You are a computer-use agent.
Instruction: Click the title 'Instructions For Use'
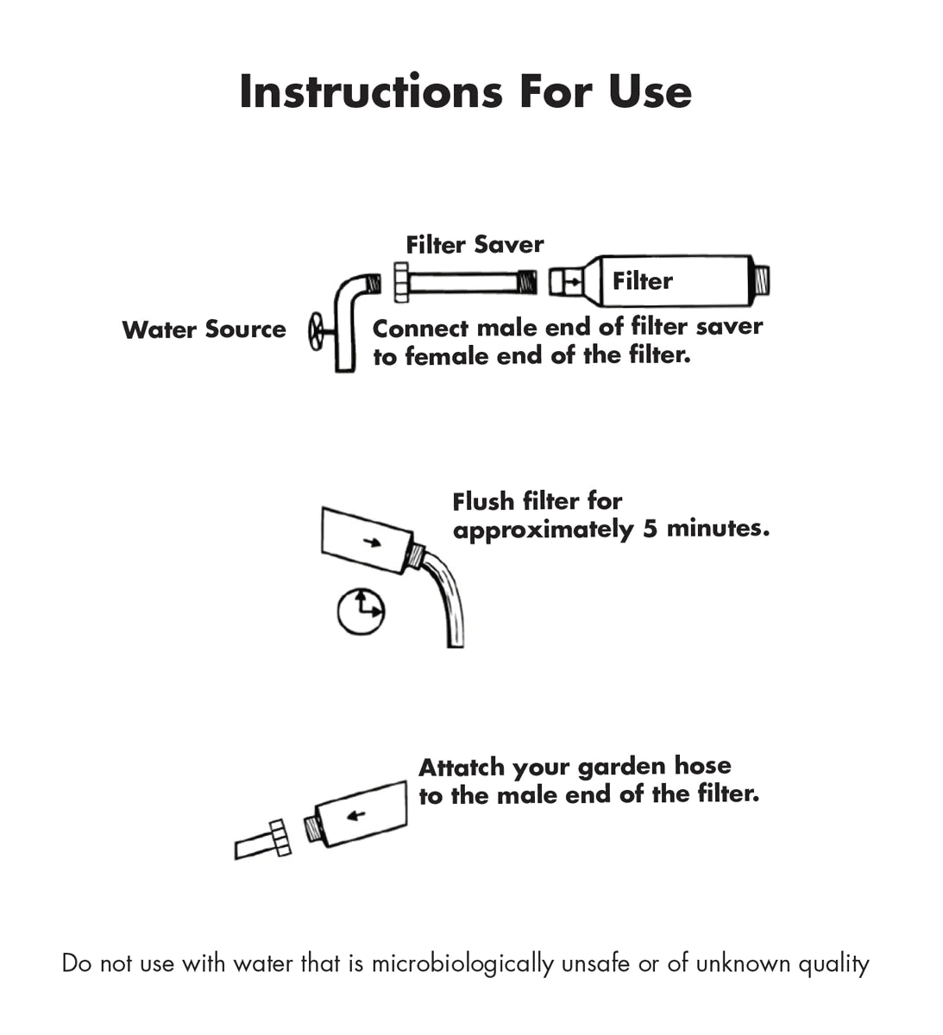[465, 91]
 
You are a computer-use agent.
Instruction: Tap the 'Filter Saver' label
[475, 245]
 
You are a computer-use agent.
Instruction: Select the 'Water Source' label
[204, 329]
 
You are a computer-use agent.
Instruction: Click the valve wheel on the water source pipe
[316, 331]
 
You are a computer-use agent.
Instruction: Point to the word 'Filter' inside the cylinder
[643, 281]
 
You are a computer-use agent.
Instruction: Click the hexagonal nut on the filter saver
[401, 282]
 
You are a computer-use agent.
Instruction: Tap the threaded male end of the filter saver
[527, 282]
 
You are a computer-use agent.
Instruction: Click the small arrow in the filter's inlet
[572, 282]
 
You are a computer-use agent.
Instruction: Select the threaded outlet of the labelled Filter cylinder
[761, 280]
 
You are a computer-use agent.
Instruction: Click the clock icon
[361, 612]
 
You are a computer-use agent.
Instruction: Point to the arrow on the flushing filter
[372, 543]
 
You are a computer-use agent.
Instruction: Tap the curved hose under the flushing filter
[448, 599]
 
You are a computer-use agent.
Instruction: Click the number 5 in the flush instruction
[650, 529]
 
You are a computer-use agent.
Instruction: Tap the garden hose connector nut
[280, 837]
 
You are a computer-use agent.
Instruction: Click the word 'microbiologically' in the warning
[462, 963]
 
